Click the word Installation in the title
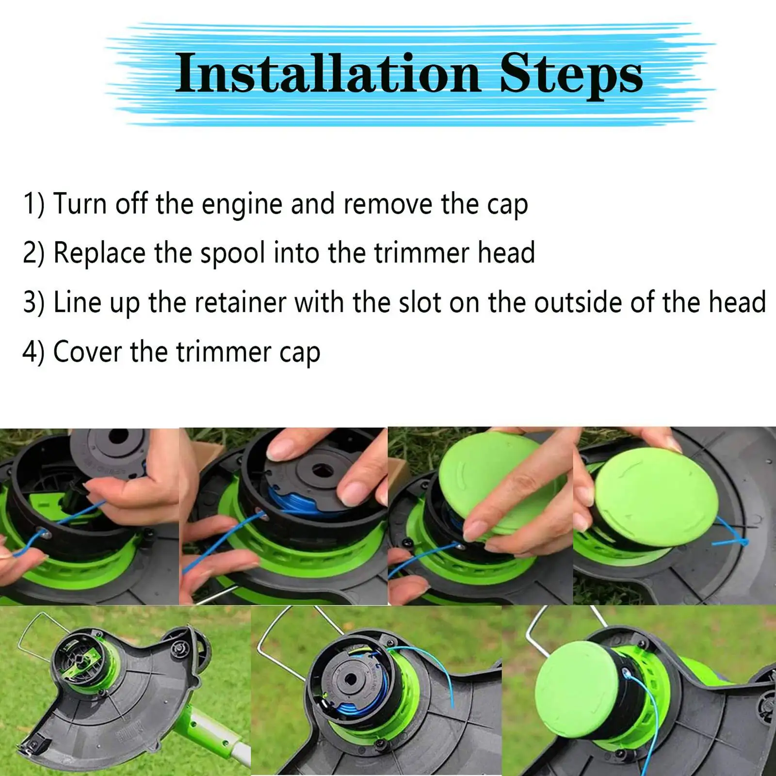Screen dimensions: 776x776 pyautogui.click(x=328, y=73)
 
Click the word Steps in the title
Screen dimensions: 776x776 pyautogui.click(x=571, y=75)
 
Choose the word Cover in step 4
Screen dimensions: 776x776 pyautogui.click(x=87, y=352)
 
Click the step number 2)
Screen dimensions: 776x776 pyautogui.click(x=33, y=253)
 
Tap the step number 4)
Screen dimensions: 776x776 pyautogui.click(x=33, y=352)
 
